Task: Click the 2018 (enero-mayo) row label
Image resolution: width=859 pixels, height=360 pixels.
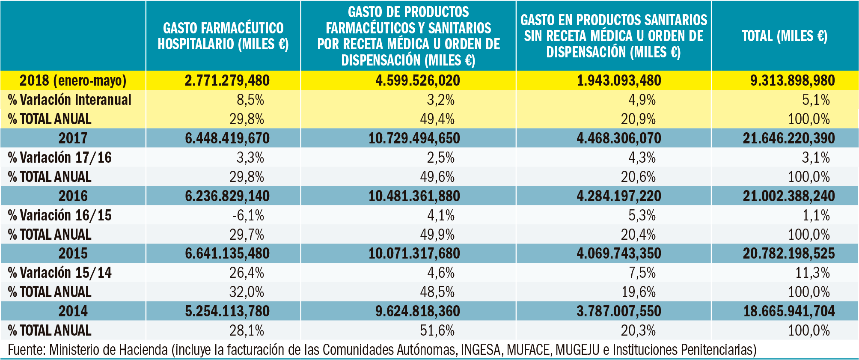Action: [73, 80]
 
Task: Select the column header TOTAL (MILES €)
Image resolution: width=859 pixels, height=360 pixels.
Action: [785, 36]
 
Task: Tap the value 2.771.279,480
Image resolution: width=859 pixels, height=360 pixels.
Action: [227, 80]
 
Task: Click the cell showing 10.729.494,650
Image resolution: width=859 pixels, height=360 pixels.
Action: [414, 138]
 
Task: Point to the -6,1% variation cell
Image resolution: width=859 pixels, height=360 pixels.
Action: [248, 215]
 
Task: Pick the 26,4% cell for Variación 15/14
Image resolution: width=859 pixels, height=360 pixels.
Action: [247, 273]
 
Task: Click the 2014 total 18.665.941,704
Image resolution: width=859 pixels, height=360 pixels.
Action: [789, 311]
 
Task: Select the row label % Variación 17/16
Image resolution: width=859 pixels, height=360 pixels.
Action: [60, 158]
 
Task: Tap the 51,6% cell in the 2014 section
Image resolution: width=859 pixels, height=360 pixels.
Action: [437, 330]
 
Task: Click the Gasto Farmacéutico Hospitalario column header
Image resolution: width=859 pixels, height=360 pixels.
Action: [223, 36]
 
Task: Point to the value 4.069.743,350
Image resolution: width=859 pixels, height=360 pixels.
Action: [618, 253]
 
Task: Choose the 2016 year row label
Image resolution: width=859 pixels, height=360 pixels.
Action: [73, 196]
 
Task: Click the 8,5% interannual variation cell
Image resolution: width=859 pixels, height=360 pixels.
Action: [250, 100]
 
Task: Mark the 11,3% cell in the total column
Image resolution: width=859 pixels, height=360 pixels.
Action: [812, 273]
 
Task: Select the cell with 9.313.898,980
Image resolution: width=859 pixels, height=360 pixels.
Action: [792, 80]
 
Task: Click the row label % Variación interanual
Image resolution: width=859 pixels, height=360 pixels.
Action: [70, 100]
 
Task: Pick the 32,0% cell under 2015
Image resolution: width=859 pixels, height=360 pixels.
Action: [247, 292]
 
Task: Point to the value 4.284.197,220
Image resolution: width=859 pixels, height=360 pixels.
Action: [618, 196]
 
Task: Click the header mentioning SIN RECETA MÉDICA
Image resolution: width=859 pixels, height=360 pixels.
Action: [613, 36]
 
